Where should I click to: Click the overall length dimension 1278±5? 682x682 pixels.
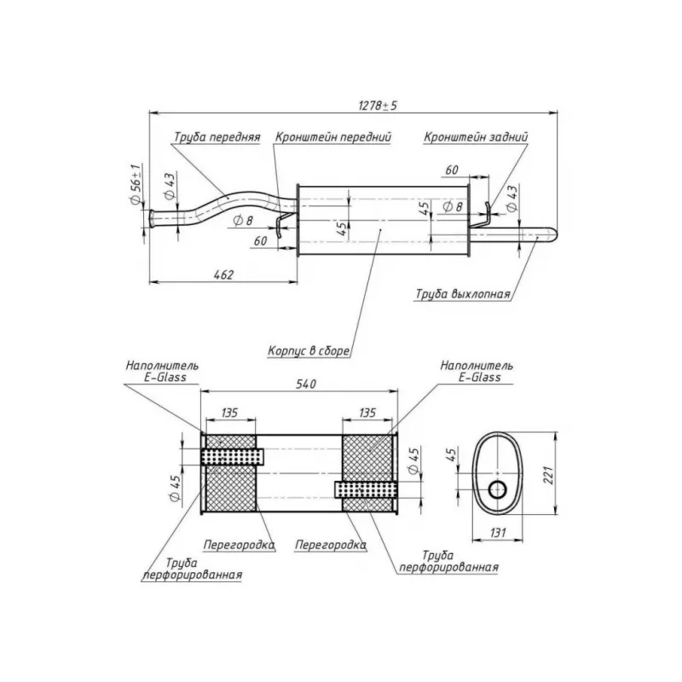[x=378, y=106]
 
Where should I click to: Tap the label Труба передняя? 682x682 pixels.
[x=217, y=137]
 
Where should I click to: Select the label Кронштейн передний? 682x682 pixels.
[x=333, y=137]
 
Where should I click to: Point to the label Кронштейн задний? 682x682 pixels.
[x=476, y=137]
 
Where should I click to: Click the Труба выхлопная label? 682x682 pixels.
[x=463, y=294]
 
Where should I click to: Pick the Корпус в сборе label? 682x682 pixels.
[x=309, y=350]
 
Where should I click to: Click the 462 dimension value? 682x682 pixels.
[x=223, y=275]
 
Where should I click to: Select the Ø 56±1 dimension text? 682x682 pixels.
[x=136, y=184]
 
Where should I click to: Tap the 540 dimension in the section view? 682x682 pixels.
[x=306, y=384]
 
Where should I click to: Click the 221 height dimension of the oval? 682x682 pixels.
[x=548, y=476]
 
